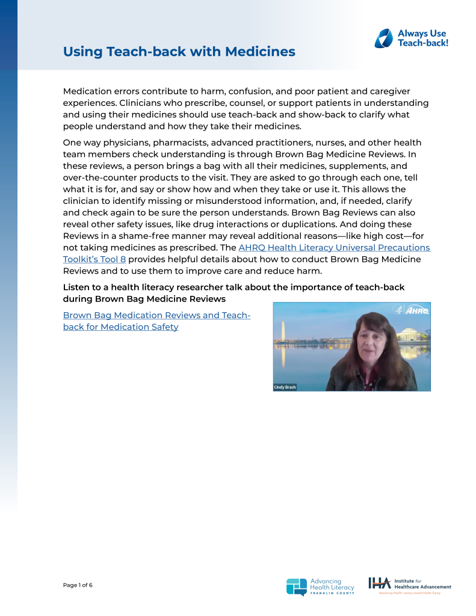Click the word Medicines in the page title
click(260, 52)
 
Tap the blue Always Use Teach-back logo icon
click(383, 38)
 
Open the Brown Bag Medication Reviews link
click(156, 316)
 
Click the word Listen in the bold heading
click(77, 288)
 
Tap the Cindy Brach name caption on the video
click(285, 387)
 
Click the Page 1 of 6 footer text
click(78, 585)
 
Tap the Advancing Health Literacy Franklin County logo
click(320, 586)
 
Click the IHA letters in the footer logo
click(379, 583)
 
